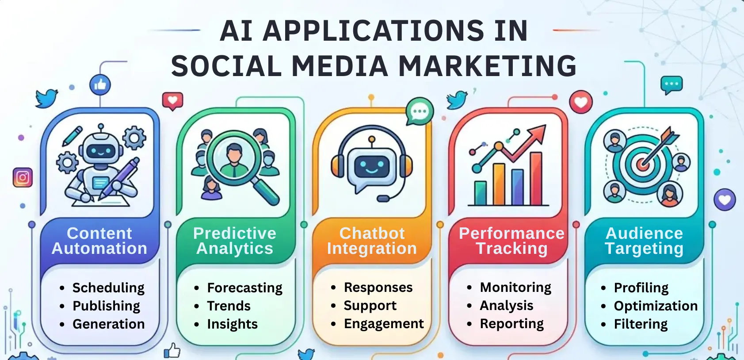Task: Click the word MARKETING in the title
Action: coord(488,66)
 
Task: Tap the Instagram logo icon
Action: coord(23,178)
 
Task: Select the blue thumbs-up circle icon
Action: coord(100,84)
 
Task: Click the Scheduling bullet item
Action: coord(108,288)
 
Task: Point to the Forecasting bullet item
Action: coord(244,288)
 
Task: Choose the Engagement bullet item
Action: coord(384,324)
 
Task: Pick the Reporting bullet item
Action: coord(511,324)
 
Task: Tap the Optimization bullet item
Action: coord(656,306)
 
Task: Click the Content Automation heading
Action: coord(99,241)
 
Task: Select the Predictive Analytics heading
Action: coord(235,241)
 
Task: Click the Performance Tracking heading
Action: coord(511,241)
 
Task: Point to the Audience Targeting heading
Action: coord(644,241)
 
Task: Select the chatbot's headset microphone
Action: coord(383,199)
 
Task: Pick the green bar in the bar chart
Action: coord(480,193)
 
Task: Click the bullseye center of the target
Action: coord(642,165)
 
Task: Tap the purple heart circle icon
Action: coord(725,200)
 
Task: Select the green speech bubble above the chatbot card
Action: coord(419,111)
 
